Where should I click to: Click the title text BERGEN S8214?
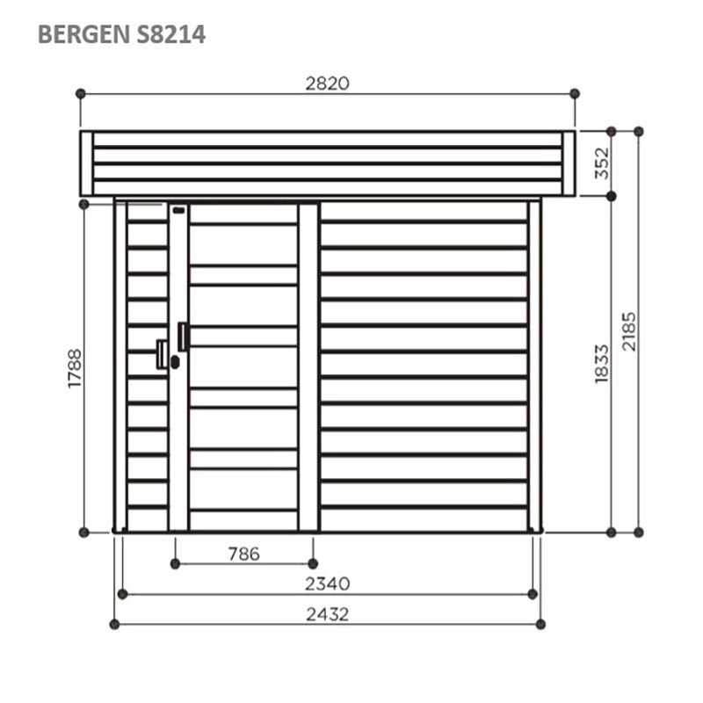[121, 34]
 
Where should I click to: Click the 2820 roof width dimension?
[327, 83]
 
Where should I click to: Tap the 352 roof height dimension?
[602, 163]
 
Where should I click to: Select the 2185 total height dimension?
[629, 331]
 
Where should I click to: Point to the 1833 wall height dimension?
[602, 364]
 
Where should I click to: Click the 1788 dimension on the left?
[75, 368]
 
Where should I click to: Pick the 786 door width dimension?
[244, 554]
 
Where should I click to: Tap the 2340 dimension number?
[327, 583]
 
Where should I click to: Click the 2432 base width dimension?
[327, 614]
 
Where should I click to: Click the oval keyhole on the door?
[175, 362]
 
